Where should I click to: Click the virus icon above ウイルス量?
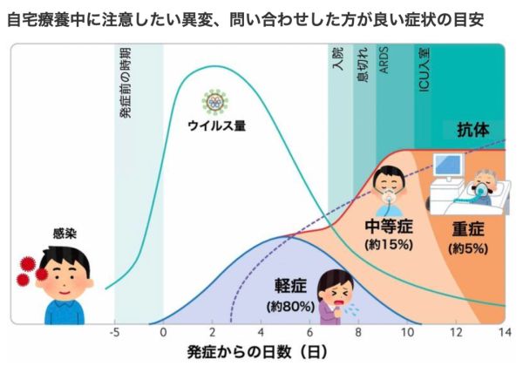(x=214, y=103)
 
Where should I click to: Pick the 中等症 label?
(x=388, y=228)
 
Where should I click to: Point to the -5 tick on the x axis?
(x=113, y=332)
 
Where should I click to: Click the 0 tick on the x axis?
(x=163, y=332)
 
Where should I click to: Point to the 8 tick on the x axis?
(x=358, y=332)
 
